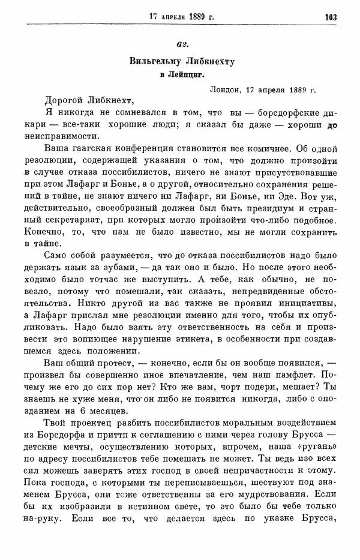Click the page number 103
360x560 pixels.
tap(330, 16)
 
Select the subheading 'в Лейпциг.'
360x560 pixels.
tap(180, 75)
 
